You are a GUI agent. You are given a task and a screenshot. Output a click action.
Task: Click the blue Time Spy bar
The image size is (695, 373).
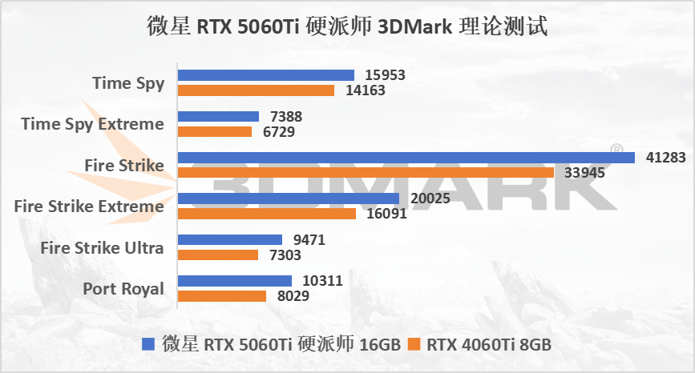point(266,75)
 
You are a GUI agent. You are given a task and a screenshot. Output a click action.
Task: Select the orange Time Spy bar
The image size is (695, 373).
point(256,90)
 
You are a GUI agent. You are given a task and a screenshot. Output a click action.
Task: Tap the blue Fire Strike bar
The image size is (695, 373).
point(406,158)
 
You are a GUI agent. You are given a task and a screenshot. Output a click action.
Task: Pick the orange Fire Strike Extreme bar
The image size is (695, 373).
point(267,214)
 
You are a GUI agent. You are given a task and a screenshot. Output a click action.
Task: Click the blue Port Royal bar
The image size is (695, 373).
point(235,281)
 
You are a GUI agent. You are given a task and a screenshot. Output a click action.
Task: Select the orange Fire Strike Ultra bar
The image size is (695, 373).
point(218,255)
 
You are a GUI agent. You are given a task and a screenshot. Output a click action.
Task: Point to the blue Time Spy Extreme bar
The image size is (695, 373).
point(219,117)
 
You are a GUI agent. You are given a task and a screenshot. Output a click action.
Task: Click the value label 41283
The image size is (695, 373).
point(666,158)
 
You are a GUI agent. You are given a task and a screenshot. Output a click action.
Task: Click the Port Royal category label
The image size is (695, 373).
point(123,288)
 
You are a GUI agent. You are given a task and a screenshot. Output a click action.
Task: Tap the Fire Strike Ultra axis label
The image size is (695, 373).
point(102,247)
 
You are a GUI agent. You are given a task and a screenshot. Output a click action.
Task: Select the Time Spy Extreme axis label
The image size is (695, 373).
point(92,124)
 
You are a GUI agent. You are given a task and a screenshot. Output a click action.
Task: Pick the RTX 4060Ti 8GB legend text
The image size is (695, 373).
point(488,345)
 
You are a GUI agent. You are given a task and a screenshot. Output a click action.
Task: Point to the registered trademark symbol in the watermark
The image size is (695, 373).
point(616,149)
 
